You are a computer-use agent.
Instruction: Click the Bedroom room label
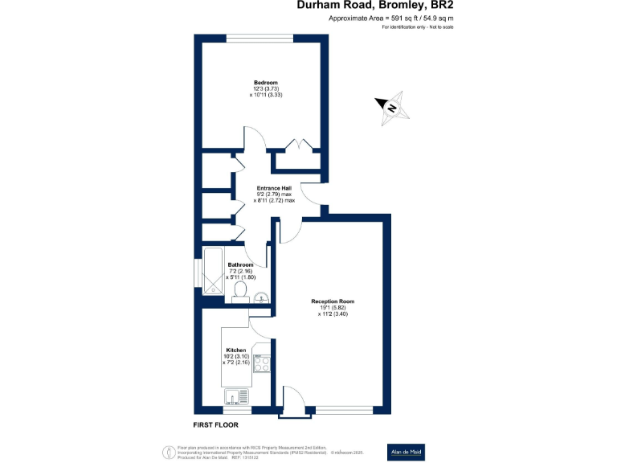click(266, 83)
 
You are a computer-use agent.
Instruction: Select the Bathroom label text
click(240, 265)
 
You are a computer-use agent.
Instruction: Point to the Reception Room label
click(333, 301)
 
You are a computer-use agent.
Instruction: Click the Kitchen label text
click(235, 350)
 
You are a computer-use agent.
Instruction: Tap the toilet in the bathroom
click(239, 292)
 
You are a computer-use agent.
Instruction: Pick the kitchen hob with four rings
click(263, 364)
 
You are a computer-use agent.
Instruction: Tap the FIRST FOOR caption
click(216, 424)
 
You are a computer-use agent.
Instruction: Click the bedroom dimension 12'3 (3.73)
click(266, 89)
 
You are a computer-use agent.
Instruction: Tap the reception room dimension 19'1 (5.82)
click(333, 308)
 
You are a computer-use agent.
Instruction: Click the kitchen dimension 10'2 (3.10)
click(235, 357)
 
